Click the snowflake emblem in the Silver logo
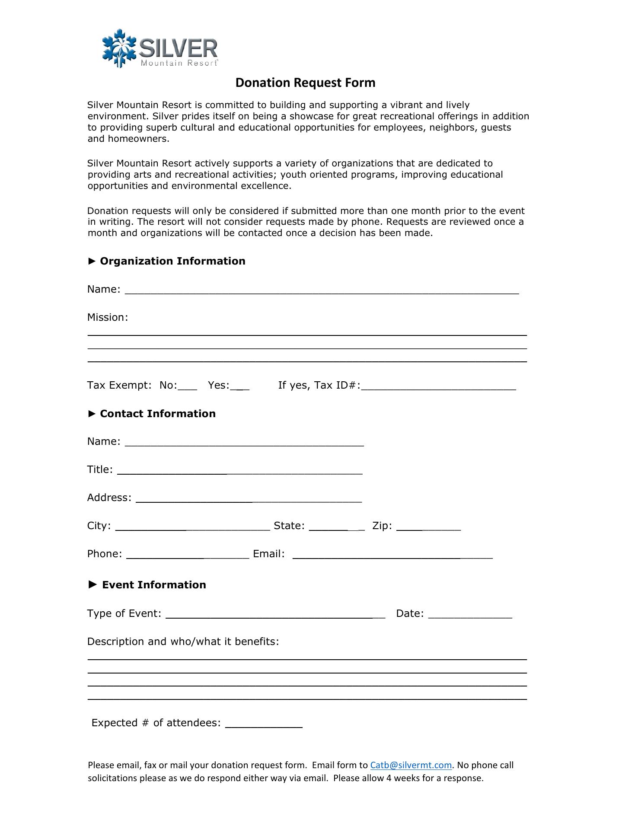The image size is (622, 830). click(119, 48)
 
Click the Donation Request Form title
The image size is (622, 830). click(305, 83)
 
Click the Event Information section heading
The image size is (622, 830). click(153, 585)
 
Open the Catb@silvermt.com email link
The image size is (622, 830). click(411, 765)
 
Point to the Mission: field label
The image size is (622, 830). click(108, 317)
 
